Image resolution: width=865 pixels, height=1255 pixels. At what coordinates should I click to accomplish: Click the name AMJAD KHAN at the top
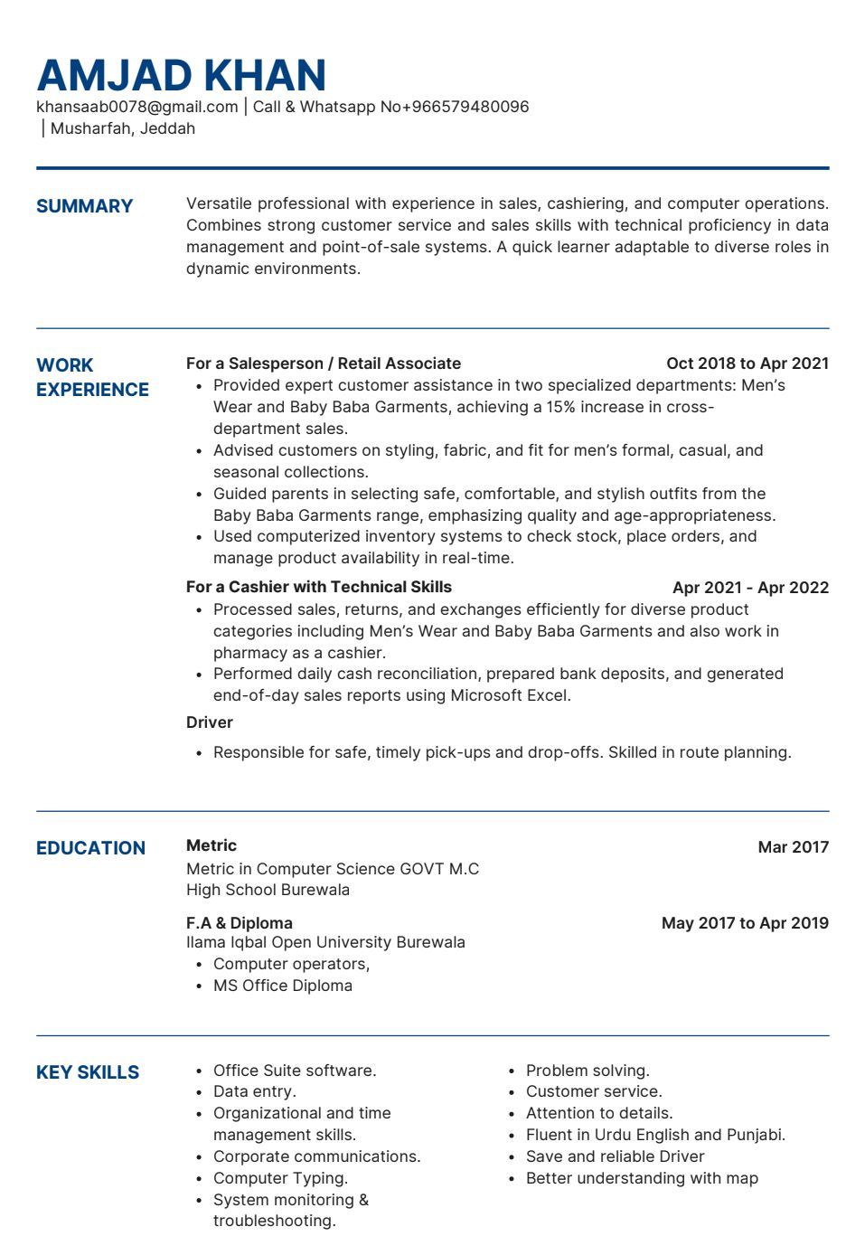click(181, 75)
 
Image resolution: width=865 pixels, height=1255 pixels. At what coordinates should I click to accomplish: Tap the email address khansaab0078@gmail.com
click(136, 107)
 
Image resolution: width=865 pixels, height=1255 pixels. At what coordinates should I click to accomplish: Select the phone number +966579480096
click(465, 107)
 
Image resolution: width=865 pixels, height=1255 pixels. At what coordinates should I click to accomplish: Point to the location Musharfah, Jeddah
click(122, 128)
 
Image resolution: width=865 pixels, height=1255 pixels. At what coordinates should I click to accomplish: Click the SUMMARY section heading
click(84, 206)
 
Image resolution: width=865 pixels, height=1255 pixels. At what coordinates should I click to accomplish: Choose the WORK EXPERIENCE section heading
click(91, 378)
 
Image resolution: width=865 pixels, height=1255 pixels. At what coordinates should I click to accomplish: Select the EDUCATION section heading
click(90, 848)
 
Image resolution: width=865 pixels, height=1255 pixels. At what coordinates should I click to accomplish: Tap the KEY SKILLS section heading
click(88, 1072)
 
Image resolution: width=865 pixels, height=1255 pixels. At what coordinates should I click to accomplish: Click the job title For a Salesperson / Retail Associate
click(323, 363)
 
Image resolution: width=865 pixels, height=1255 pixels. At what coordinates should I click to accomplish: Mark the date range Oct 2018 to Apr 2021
click(747, 363)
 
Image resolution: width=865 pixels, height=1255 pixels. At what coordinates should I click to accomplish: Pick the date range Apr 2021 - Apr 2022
click(750, 588)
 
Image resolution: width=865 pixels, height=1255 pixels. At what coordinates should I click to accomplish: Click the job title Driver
click(209, 722)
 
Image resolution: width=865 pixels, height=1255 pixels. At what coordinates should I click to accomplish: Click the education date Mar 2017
click(793, 847)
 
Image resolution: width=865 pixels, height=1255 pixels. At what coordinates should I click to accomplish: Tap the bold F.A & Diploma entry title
click(239, 923)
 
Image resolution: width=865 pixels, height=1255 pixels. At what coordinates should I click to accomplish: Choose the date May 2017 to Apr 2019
click(744, 923)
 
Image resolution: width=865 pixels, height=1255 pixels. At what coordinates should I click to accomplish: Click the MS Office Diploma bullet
click(282, 986)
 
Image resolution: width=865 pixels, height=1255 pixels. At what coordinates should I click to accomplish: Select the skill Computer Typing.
click(280, 1178)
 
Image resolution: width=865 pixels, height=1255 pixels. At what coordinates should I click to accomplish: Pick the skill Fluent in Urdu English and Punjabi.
click(655, 1135)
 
